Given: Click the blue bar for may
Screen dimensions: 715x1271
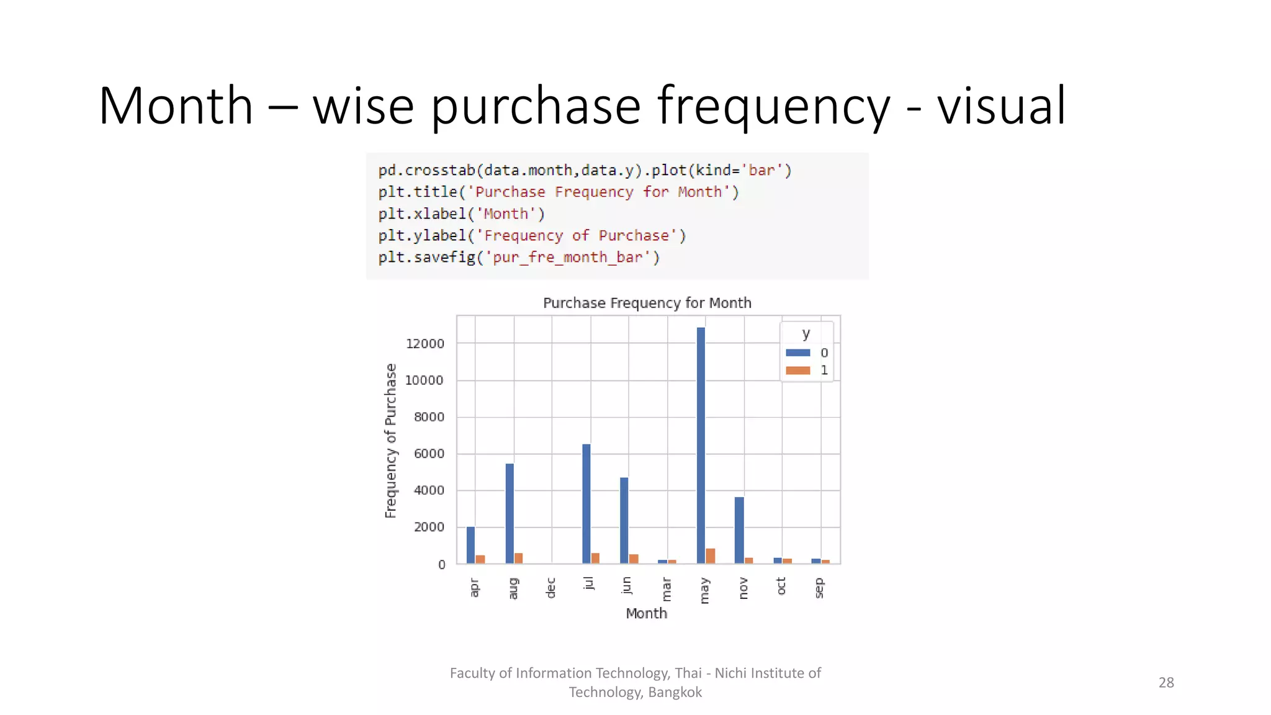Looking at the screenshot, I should click(x=701, y=445).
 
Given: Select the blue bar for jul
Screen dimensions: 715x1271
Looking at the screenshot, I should click(x=586, y=503).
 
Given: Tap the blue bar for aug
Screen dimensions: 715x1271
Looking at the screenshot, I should click(x=510, y=513).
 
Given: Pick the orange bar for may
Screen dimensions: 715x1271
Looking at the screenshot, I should click(x=711, y=556).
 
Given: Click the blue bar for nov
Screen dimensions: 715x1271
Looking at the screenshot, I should click(x=739, y=530).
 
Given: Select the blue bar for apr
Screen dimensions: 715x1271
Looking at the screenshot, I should click(x=471, y=545).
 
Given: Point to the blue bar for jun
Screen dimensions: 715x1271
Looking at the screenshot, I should click(x=624, y=520).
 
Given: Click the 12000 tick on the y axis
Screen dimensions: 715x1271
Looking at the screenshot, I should click(x=425, y=344).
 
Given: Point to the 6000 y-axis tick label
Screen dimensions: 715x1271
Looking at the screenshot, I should click(x=429, y=454).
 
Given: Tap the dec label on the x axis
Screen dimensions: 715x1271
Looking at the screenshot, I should click(x=551, y=588).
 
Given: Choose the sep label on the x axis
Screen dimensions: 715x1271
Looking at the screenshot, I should click(x=819, y=588).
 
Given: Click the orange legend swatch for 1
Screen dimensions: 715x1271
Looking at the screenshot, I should click(x=798, y=371).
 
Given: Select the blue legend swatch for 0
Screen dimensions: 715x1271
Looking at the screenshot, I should click(x=798, y=353).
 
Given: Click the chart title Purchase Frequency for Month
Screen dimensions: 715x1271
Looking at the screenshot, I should click(x=647, y=303).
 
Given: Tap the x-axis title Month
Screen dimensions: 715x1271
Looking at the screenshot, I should click(x=647, y=613).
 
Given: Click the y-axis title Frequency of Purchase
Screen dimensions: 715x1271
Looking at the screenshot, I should click(x=390, y=441).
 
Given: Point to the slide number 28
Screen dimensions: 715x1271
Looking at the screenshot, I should click(x=1166, y=683).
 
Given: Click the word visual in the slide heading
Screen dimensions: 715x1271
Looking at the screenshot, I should click(x=1001, y=106).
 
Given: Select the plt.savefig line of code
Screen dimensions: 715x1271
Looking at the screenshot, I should click(x=519, y=257).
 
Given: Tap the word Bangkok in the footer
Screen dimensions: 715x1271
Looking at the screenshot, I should click(x=675, y=693).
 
